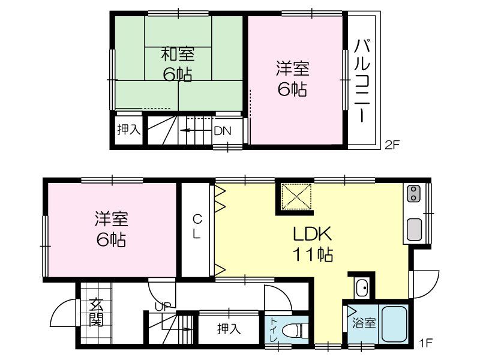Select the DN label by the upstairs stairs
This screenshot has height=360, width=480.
[223, 130]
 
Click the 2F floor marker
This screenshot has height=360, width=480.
[392, 144]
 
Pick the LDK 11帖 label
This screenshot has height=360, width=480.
[313, 243]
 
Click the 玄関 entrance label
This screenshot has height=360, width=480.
[96, 313]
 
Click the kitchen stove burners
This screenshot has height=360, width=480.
[413, 194]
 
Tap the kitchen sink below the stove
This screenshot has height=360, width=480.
[413, 230]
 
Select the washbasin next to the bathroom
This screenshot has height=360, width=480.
[361, 288]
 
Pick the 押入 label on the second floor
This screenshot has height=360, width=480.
[128, 129]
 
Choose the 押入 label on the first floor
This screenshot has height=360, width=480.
[229, 328]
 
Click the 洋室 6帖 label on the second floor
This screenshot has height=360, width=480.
[292, 78]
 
